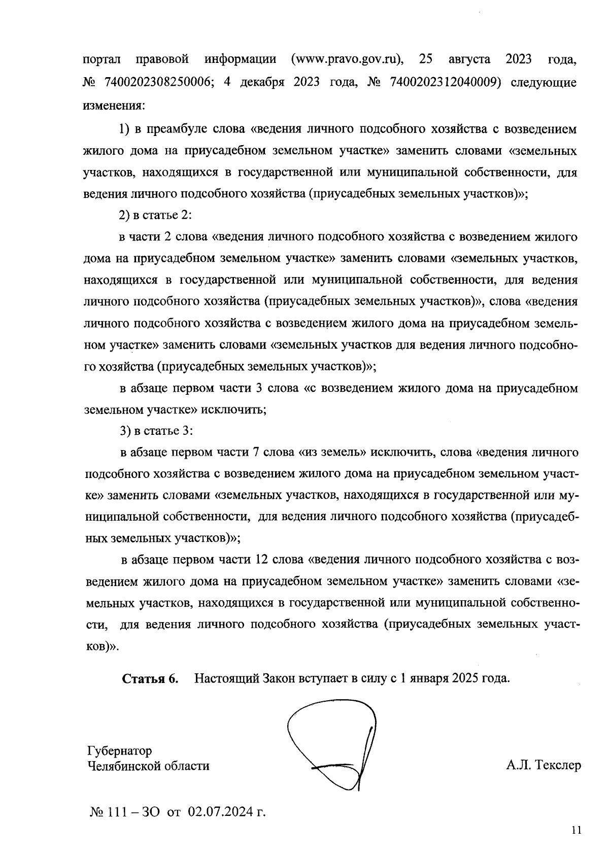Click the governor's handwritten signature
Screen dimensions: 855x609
coord(335,746)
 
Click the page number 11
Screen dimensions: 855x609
coord(576,831)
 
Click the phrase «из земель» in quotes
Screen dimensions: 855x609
coord(332,452)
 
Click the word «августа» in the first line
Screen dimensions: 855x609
coord(470,59)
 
